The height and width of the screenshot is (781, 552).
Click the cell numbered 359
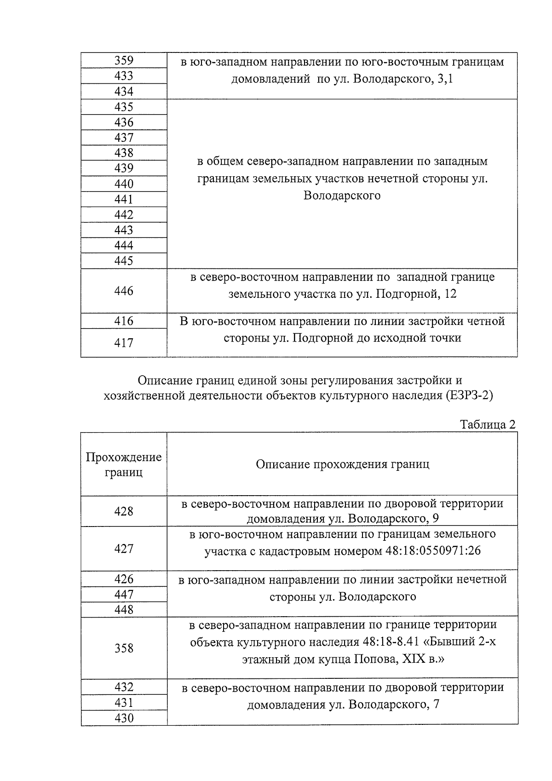[124, 60]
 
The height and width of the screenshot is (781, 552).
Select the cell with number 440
[124, 184]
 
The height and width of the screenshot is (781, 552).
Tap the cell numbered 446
[124, 291]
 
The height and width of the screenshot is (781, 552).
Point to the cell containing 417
[124, 343]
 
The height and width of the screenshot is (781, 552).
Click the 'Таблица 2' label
[488, 424]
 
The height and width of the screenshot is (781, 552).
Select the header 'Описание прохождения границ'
[342, 464]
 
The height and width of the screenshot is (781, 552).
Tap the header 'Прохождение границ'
[124, 464]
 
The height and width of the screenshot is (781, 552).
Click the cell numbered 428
[124, 511]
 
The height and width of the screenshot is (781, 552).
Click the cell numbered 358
[124, 648]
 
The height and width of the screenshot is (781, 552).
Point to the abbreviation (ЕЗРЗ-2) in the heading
[469, 396]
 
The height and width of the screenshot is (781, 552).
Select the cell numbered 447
[124, 594]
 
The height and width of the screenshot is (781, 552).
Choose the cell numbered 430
[124, 718]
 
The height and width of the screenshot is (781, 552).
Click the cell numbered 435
[124, 107]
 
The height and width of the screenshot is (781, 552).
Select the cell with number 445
[124, 261]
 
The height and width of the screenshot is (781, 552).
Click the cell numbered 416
[124, 321]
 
